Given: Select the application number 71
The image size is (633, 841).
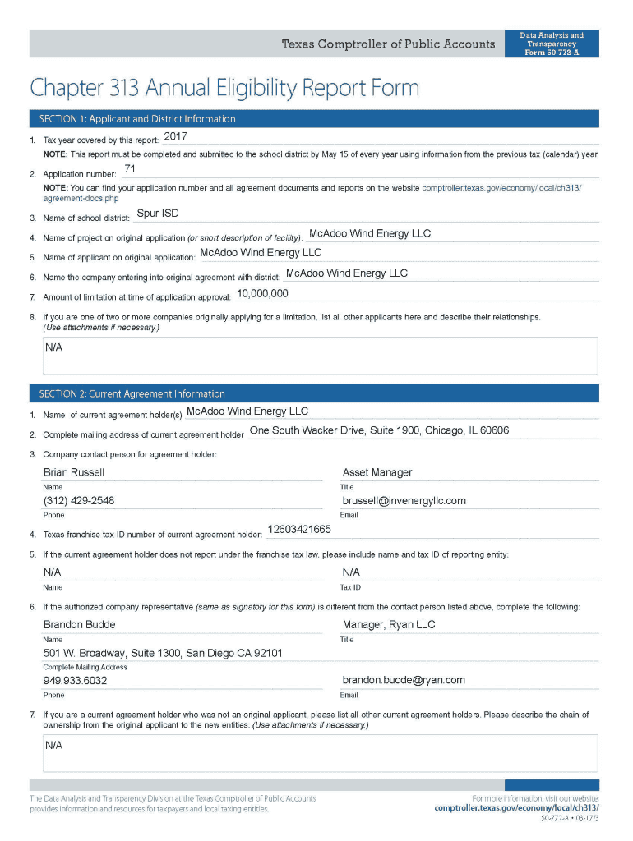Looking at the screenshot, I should click(130, 169).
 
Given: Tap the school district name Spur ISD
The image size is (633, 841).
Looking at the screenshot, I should click(158, 214).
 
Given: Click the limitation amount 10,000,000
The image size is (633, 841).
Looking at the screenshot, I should click(262, 293).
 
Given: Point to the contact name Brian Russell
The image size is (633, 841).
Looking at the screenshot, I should click(74, 472).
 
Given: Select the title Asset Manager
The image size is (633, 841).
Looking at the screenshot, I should click(377, 472).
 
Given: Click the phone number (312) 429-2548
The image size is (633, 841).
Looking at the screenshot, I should click(79, 501).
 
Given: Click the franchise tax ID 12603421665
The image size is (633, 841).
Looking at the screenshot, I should click(300, 530).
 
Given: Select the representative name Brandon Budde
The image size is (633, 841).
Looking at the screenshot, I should click(79, 624).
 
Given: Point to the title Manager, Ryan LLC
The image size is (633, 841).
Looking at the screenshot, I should click(388, 624).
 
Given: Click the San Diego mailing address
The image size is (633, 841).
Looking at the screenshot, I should click(163, 653).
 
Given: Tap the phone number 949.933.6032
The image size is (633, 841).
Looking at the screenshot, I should click(75, 681).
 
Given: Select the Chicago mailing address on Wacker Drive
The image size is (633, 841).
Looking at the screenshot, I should click(379, 430).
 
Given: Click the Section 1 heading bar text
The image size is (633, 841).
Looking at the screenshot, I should click(132, 119).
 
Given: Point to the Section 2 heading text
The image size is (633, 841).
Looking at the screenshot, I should click(127, 393).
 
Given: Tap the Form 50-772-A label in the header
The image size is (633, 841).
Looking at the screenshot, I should click(552, 53).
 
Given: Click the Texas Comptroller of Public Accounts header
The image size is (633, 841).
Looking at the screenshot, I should click(388, 44).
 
